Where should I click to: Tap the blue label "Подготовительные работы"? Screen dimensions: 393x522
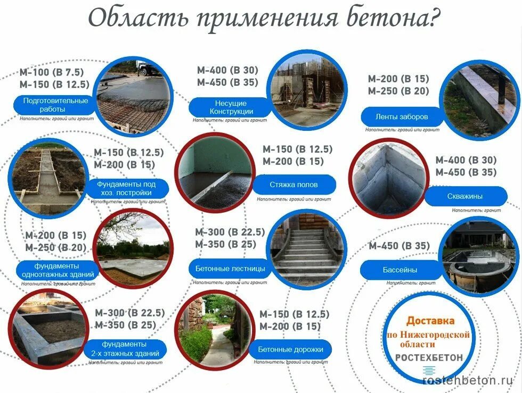pyautogui.click(x=55, y=105)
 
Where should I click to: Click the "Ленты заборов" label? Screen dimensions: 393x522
pyautogui.click(x=402, y=116)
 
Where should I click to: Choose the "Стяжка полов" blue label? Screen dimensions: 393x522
pyautogui.click(x=293, y=185)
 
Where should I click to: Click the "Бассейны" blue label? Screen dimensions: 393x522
pyautogui.click(x=399, y=270)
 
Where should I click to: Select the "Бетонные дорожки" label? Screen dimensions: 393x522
pyautogui.click(x=290, y=349)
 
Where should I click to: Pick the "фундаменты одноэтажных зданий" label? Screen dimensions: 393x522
pyautogui.click(x=58, y=270)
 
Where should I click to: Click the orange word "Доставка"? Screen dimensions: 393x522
pyautogui.click(x=430, y=321)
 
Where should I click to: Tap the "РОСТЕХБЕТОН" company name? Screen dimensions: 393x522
pyautogui.click(x=429, y=357)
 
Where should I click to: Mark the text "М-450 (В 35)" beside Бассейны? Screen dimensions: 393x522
pyautogui.click(x=399, y=246)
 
